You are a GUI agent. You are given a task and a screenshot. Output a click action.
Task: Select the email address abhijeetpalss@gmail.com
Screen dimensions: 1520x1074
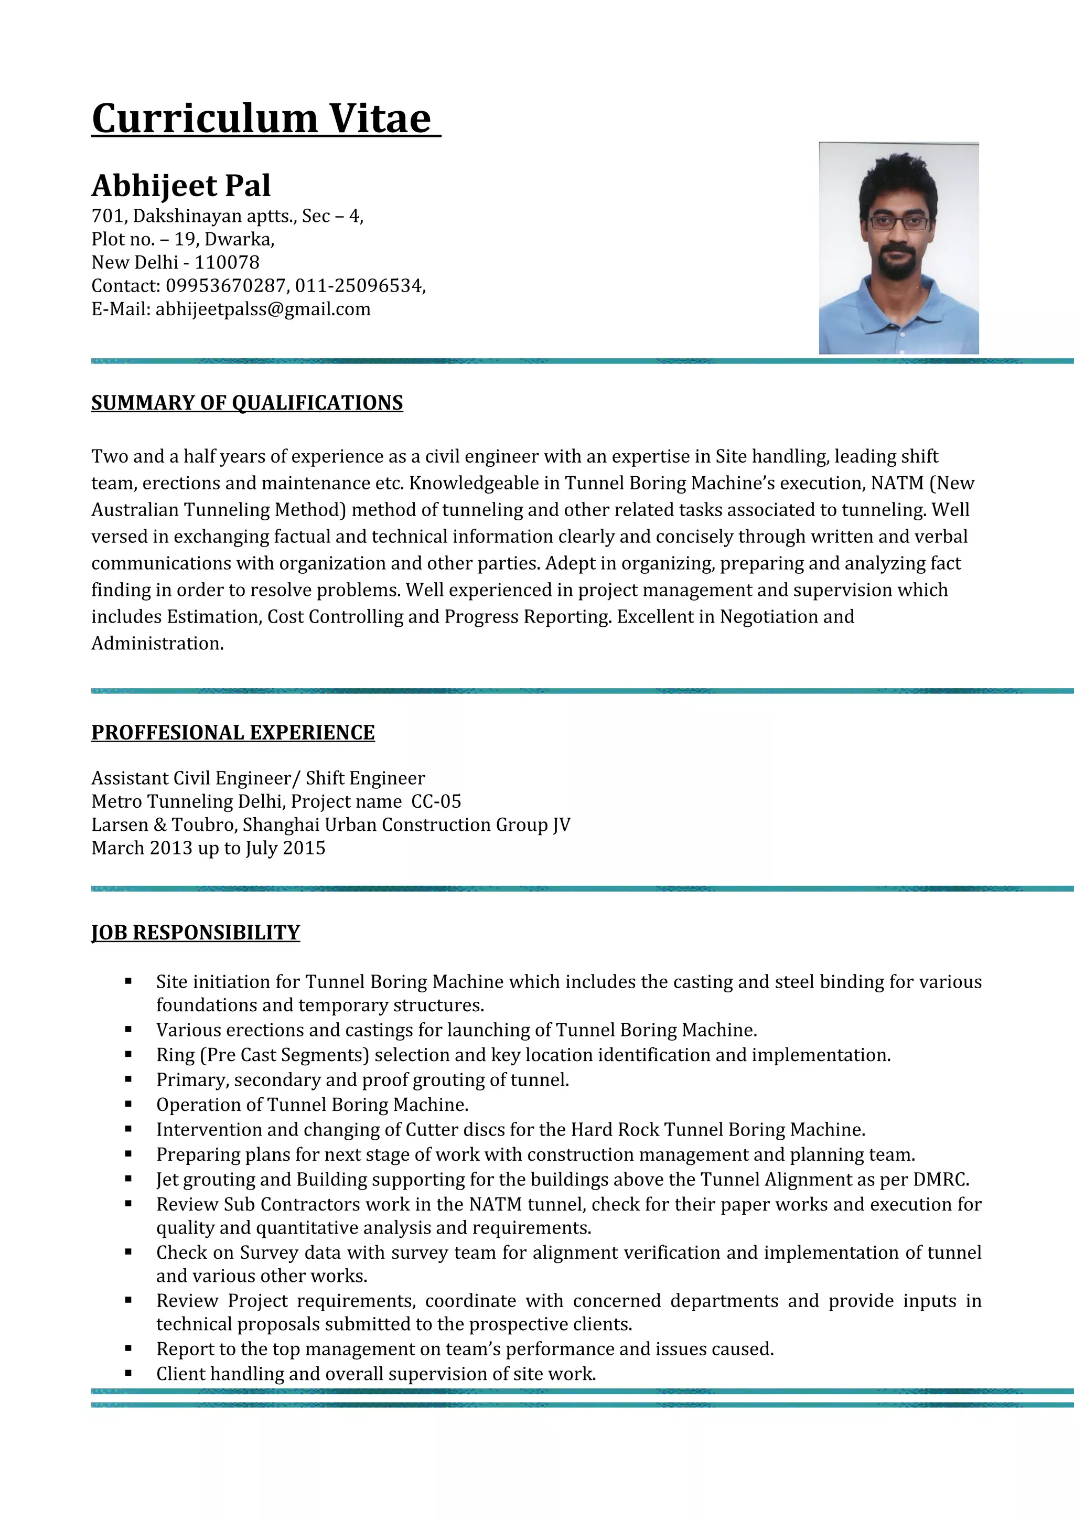click(x=263, y=309)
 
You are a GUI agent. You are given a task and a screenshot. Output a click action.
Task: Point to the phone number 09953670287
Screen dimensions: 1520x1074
click(x=225, y=286)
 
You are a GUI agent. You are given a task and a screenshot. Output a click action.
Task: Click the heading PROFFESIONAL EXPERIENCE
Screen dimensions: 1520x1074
click(x=233, y=732)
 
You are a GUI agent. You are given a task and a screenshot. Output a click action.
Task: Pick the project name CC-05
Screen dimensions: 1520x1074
click(x=436, y=802)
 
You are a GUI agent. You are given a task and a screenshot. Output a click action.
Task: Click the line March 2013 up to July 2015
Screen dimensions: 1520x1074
click(x=208, y=848)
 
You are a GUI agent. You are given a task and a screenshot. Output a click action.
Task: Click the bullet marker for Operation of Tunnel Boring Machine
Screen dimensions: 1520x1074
click(x=128, y=1105)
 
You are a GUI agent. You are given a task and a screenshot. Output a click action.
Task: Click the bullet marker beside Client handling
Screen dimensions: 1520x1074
click(x=128, y=1374)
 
